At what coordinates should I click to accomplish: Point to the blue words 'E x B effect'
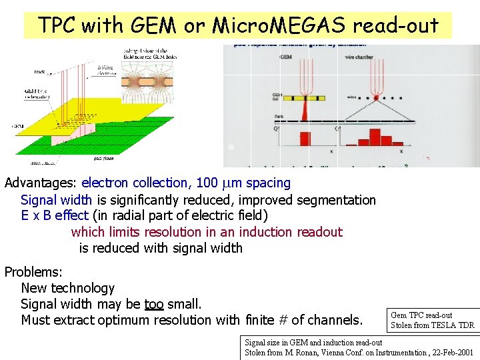(55, 216)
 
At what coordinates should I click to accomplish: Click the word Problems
(33, 272)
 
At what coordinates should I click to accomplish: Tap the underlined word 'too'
(153, 304)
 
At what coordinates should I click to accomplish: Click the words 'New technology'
(68, 288)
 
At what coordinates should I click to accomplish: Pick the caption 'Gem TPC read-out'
(421, 315)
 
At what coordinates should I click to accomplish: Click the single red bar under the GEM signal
(305, 139)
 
